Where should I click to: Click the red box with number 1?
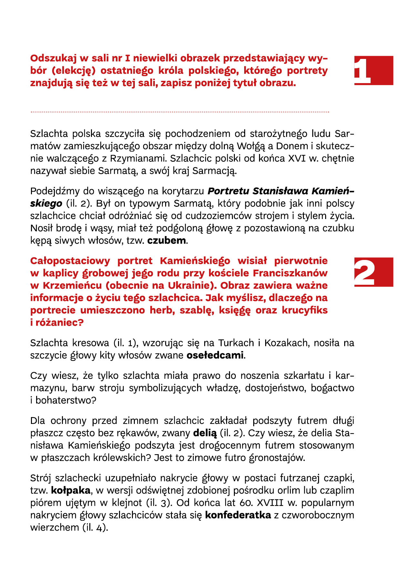pos(374,70)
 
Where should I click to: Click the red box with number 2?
pos(374,272)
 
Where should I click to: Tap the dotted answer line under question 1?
pos(180,112)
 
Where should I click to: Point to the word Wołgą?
pos(251,146)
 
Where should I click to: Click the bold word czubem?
pos(166,241)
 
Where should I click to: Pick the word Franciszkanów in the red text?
pos(290,273)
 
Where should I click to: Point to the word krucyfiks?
pos(305,310)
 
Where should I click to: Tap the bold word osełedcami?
pos(215,355)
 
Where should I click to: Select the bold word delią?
pos(205,433)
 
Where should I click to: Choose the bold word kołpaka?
pos(71,491)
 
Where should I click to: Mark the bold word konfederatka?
pos(238,515)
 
